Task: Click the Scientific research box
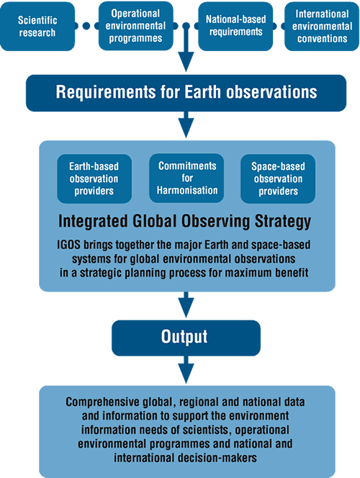coord(37,26)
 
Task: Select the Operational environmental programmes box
coord(135,26)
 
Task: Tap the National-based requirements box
coord(235,26)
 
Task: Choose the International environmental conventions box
coord(322,26)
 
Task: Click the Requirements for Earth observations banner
coord(186,93)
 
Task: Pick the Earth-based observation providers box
coord(94,179)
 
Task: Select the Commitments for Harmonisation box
coord(186,178)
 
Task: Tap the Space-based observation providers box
coord(278,179)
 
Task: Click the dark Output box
coord(186,338)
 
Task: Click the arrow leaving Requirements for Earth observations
coord(186,125)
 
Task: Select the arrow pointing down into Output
coord(186,305)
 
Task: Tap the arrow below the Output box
coord(186,369)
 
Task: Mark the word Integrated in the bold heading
coord(93,222)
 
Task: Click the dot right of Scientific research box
coord(86,26)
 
